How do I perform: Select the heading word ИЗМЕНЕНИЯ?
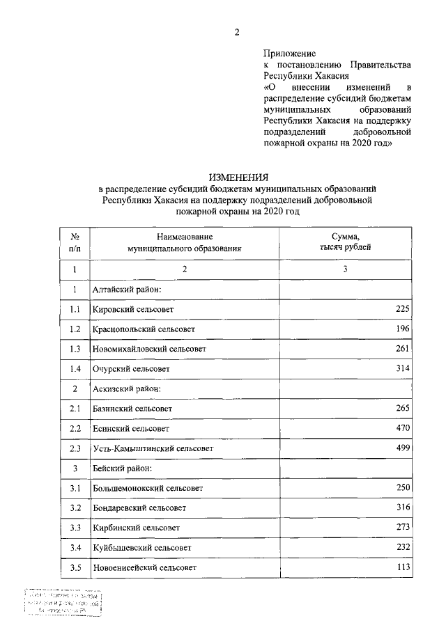pos(239,178)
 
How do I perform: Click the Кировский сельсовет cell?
pos(132,308)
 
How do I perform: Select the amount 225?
pos(402,308)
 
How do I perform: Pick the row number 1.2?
pos(75,328)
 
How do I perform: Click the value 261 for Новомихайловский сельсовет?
pos(402,348)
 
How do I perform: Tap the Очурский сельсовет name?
pos(131,368)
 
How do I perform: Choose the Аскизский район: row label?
pos(127,388)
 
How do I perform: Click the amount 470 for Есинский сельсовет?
pos(402,428)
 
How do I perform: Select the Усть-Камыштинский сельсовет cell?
pos(153,448)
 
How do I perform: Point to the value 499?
pos(402,448)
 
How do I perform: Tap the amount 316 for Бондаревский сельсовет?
pos(402,507)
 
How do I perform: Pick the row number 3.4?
pos(75,548)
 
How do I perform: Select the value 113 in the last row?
pos(402,567)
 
